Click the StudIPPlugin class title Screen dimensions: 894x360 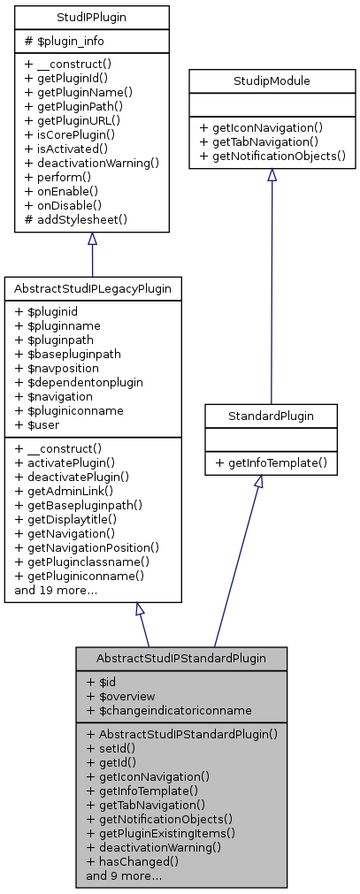92,17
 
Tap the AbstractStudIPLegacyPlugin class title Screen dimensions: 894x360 92,288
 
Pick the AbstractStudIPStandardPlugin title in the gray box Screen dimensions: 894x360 180,659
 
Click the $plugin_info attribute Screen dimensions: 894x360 57,41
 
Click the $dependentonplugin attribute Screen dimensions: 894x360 80,382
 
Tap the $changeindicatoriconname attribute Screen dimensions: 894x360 169,710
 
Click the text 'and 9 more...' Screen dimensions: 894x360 124,875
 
